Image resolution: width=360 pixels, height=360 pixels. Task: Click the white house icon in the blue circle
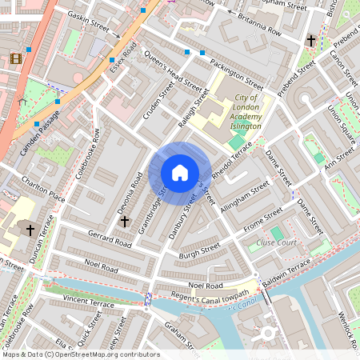coord(180,173)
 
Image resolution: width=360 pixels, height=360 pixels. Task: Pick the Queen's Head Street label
coord(172,70)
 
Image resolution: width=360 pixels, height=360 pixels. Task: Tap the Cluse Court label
coord(277,242)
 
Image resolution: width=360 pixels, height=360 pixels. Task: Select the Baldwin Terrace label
coord(286,270)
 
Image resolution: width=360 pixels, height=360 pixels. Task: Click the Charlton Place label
coord(43,186)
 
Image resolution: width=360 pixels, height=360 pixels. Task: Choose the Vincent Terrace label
coord(89,302)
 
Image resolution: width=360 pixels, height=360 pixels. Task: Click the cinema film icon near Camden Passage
coord(16,59)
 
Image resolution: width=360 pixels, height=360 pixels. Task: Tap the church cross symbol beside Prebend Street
coord(310,41)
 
